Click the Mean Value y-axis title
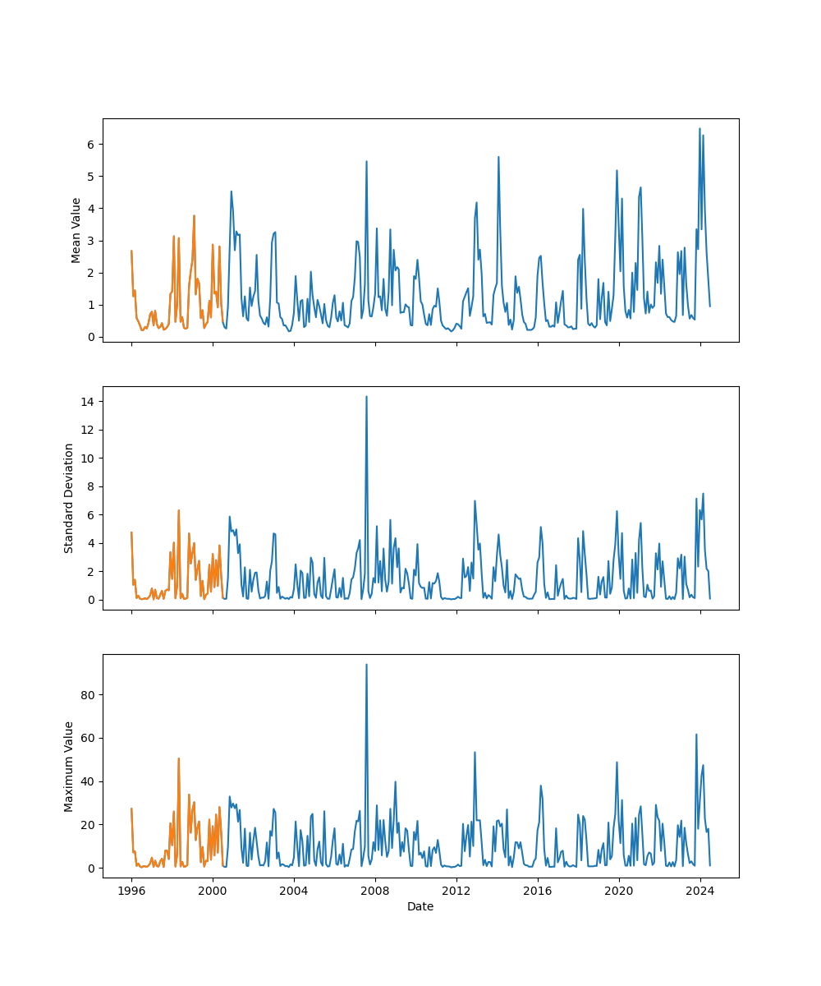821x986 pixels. click(76, 230)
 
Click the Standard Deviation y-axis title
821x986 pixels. click(69, 498)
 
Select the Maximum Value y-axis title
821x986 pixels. click(69, 766)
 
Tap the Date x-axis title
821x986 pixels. click(420, 906)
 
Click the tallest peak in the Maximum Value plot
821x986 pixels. click(366, 665)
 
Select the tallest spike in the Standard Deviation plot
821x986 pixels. click(366, 397)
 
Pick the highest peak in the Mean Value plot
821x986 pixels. click(699, 129)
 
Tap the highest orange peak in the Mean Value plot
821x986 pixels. click(194, 216)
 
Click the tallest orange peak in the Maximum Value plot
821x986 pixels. click(178, 759)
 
